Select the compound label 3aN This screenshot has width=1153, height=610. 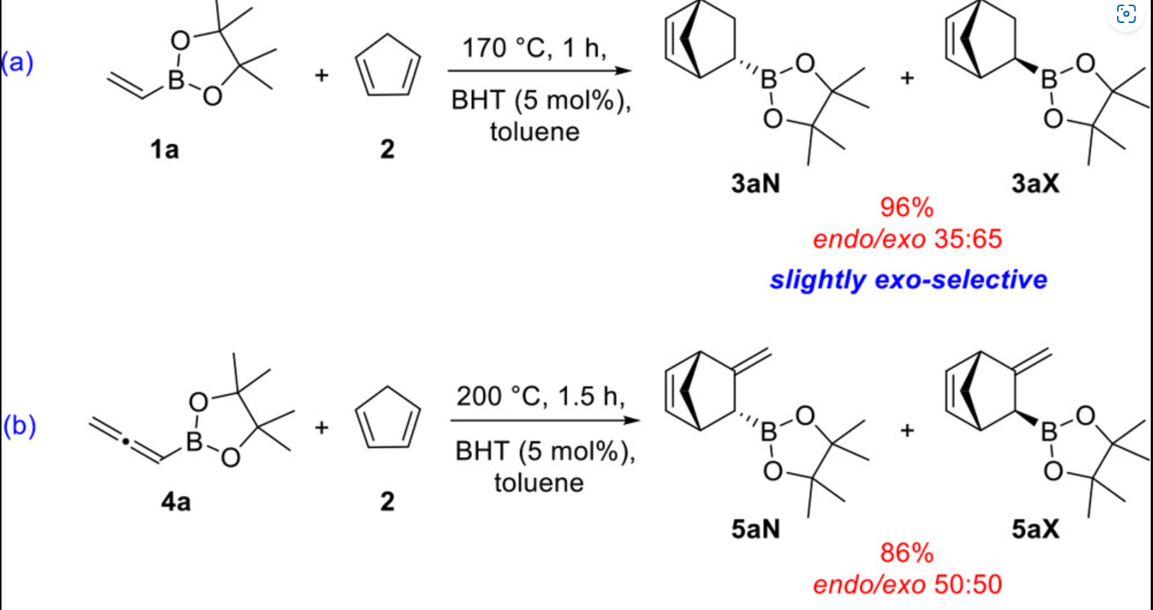[x=754, y=185]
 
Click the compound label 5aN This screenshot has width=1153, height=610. [x=754, y=528]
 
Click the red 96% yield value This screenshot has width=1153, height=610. [x=909, y=209]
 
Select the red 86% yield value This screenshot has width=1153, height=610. [x=909, y=553]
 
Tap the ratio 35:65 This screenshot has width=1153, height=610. [x=968, y=240]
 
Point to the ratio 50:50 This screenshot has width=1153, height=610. [x=968, y=586]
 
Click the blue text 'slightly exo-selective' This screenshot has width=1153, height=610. [x=909, y=279]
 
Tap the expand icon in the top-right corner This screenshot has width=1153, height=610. [x=1126, y=15]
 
